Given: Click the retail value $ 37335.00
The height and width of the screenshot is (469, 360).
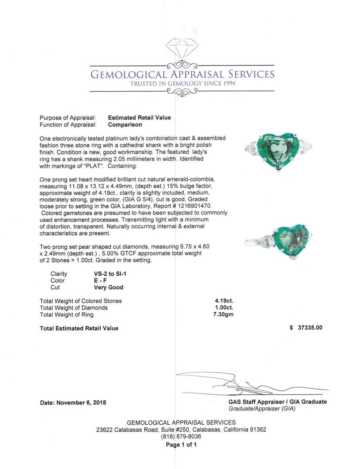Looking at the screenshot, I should (300, 328).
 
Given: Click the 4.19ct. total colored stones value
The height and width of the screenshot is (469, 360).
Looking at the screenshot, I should (224, 301).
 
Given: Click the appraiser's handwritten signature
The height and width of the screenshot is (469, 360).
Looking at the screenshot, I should (243, 382).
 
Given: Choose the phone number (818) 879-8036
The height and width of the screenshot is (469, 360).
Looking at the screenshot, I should (181, 436).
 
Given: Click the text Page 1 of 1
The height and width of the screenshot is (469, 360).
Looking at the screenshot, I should (182, 445).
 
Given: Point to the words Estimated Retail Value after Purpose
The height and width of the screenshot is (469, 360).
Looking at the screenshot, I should (139, 118).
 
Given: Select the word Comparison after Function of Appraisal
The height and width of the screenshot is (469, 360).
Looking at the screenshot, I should (125, 125).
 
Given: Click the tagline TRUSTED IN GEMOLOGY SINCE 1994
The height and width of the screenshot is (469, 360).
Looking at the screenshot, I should (182, 84).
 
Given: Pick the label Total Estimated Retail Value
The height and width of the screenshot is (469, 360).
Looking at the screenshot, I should (79, 328).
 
